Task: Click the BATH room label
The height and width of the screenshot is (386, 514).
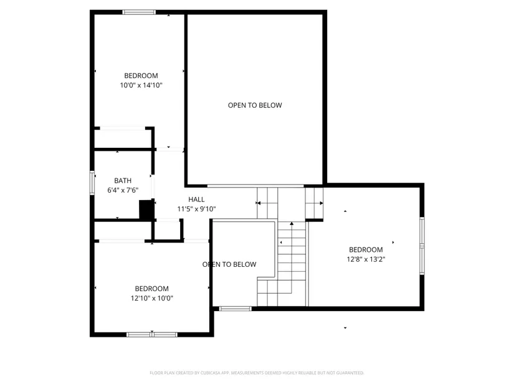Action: coord(123,180)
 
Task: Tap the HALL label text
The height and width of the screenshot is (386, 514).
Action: coord(196,200)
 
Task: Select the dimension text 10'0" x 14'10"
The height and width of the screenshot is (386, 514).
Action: coord(141,85)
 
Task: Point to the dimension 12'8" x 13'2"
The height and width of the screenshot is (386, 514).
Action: coord(366,259)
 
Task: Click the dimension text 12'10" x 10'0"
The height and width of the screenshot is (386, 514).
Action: coord(152,298)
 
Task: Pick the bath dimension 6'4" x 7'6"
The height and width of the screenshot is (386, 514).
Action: coord(123,190)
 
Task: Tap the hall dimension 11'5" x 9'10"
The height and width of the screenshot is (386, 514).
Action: coord(196,209)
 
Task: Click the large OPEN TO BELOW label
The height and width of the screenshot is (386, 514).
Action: coord(255,105)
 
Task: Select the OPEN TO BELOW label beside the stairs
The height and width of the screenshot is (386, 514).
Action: coord(229,264)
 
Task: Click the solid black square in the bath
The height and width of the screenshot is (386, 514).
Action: coord(146,210)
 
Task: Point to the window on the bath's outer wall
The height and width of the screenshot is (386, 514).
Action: coord(92,183)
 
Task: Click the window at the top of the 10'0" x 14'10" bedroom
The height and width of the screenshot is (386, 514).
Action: coord(139,12)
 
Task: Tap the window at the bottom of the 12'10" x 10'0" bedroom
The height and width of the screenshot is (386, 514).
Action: coord(152,334)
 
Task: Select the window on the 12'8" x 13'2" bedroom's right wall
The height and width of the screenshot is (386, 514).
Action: coord(422,246)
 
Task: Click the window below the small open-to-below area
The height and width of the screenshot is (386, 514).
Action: coord(235,309)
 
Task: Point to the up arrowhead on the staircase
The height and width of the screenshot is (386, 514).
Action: coord(292,224)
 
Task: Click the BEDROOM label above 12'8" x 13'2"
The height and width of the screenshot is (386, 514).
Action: coord(366,249)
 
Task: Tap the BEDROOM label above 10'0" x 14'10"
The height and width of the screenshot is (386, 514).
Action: coord(141,75)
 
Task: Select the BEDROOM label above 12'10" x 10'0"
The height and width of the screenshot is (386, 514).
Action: coord(152,289)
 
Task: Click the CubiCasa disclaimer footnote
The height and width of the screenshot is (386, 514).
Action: coord(257,373)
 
